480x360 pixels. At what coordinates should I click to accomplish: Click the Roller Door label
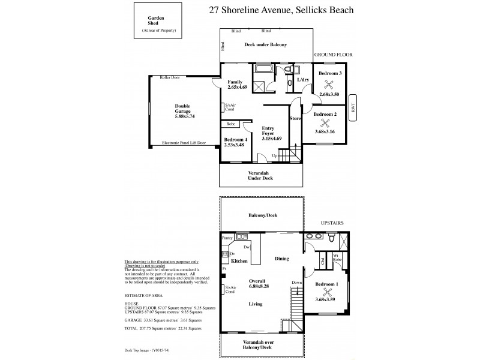pyautogui.click(x=170, y=77)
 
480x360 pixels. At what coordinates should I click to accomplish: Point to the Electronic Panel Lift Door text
pyautogui.click(x=184, y=143)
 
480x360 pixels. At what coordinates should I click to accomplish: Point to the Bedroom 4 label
pyautogui.click(x=233, y=139)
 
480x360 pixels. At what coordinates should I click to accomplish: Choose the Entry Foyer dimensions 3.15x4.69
pyautogui.click(x=272, y=139)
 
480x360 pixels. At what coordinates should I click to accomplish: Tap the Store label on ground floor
pyautogui.click(x=295, y=118)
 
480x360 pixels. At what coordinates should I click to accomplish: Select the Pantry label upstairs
pyautogui.click(x=227, y=238)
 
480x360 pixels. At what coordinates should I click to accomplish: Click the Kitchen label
pyautogui.click(x=240, y=262)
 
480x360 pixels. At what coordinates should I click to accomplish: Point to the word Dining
pyautogui.click(x=282, y=259)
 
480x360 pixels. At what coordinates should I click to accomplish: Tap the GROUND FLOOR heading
pyautogui.click(x=334, y=55)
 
